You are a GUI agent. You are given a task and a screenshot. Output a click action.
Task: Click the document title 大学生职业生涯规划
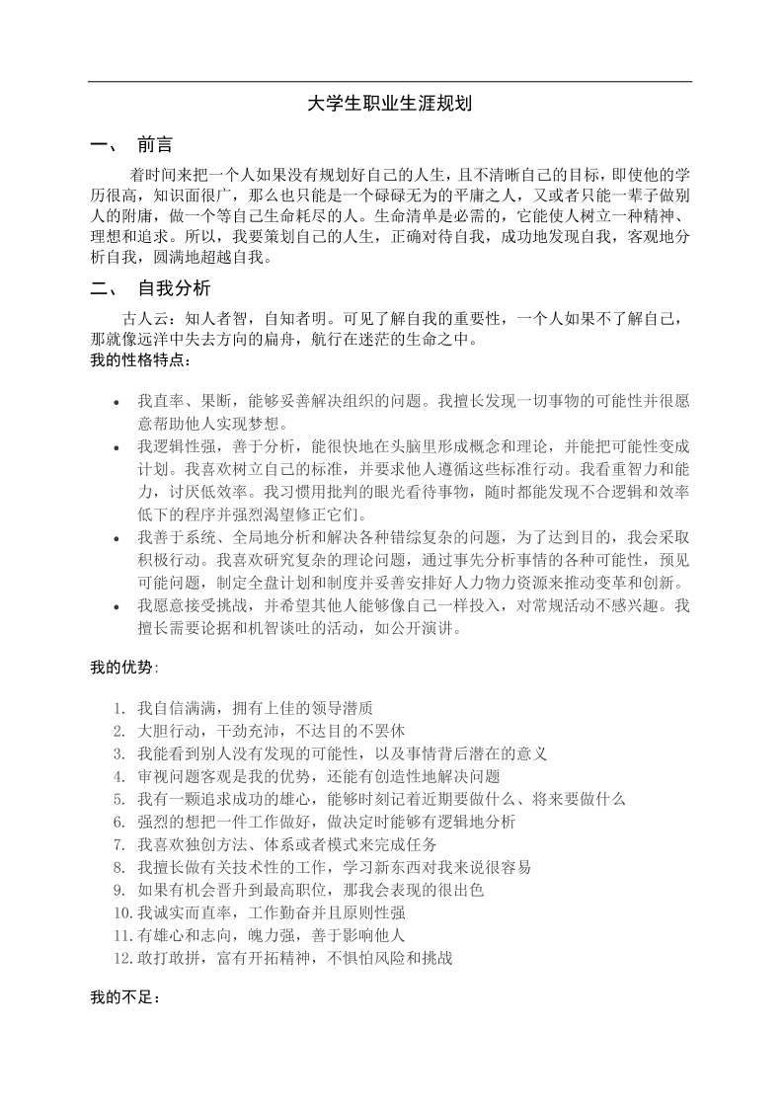(391, 104)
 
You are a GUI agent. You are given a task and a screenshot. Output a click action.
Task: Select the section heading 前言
(155, 145)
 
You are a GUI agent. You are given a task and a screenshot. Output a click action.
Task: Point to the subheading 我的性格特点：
(136, 360)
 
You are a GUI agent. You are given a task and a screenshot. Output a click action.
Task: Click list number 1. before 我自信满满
(118, 708)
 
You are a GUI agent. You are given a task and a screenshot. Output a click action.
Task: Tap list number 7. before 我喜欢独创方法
(118, 844)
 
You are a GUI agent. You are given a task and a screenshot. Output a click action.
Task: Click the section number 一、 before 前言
(103, 145)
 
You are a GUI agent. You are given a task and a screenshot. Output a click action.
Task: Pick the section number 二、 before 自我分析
(103, 288)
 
